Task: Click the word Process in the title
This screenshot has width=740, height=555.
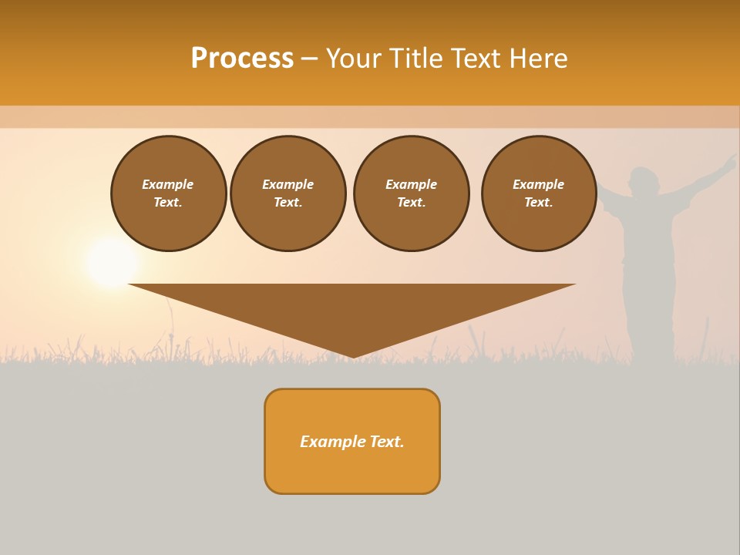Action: [242, 59]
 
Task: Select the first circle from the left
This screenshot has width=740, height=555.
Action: [168, 193]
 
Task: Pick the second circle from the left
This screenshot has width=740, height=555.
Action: [288, 193]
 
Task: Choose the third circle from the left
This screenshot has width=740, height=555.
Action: [411, 193]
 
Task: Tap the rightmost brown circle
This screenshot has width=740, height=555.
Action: [538, 193]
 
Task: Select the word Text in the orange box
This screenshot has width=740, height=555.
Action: [385, 442]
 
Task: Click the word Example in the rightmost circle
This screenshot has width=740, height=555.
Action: [538, 184]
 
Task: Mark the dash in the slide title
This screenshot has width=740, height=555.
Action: [309, 59]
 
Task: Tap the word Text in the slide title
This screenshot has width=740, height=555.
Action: [474, 59]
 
